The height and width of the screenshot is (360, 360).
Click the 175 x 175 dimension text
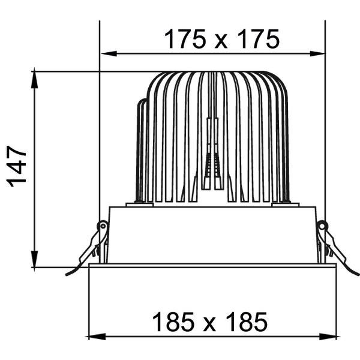coord(221,40)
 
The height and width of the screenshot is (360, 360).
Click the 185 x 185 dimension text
coord(209,322)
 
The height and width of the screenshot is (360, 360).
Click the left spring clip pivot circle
coord(103,226)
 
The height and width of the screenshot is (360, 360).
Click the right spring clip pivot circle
coord(322,226)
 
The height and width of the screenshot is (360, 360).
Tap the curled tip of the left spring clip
coord(68,274)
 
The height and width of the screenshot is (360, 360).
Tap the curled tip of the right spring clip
coord(355,274)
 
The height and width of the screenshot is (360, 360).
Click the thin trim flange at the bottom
coord(212,265)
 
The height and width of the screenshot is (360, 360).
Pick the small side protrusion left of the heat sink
coord(142,150)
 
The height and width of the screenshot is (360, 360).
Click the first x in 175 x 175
coord(221,41)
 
